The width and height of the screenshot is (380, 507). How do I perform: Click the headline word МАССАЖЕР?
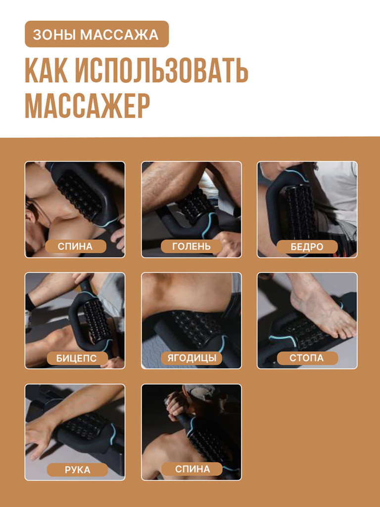pyautogui.click(x=87, y=105)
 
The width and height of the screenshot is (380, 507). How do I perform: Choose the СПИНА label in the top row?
pyautogui.click(x=75, y=246)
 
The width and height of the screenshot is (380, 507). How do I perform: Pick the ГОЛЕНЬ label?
pyautogui.click(x=191, y=246)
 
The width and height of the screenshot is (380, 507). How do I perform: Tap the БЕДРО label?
pyautogui.click(x=307, y=247)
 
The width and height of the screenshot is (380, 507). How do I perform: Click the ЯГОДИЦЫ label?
pyautogui.click(x=191, y=358)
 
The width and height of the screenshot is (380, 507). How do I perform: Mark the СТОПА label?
pyautogui.click(x=307, y=358)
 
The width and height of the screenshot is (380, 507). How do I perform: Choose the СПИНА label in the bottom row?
pyautogui.click(x=192, y=469)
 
